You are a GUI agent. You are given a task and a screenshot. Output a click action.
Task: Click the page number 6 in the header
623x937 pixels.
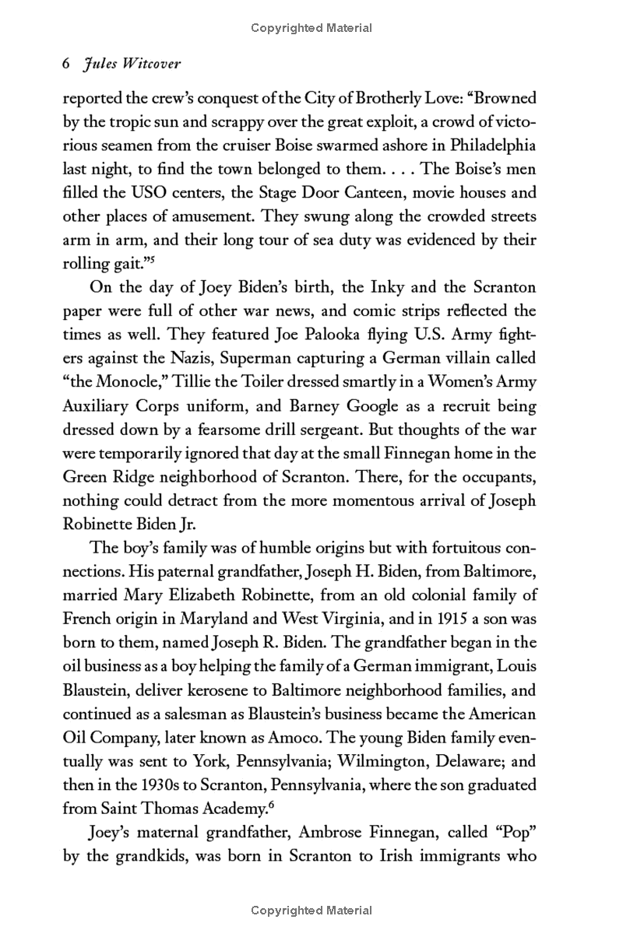67,66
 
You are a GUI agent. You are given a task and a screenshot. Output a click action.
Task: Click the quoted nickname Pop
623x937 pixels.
513,833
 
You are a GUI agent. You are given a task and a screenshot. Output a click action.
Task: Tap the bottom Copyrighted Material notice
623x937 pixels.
311,911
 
